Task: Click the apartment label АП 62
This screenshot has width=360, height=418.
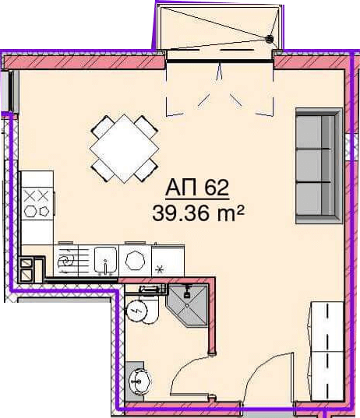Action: click(197, 188)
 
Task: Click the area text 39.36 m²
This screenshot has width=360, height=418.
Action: click(198, 213)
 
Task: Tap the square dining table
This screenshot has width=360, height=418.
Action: click(124, 149)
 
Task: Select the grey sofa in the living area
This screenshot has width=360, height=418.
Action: click(319, 166)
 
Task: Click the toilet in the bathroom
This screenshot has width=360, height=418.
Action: click(142, 308)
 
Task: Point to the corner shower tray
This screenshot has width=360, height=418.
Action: click(187, 305)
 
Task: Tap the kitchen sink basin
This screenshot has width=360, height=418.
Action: click(106, 261)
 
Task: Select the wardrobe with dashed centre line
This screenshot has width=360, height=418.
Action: click(327, 351)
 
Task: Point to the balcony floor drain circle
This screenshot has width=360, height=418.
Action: click(270, 39)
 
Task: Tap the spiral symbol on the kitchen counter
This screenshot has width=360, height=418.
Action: click(65, 261)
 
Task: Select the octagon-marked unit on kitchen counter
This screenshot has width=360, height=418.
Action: click(135, 261)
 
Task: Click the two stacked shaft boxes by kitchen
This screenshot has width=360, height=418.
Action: click(26, 269)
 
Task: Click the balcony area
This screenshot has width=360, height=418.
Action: click(220, 27)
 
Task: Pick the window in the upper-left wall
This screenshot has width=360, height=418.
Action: click(11, 91)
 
